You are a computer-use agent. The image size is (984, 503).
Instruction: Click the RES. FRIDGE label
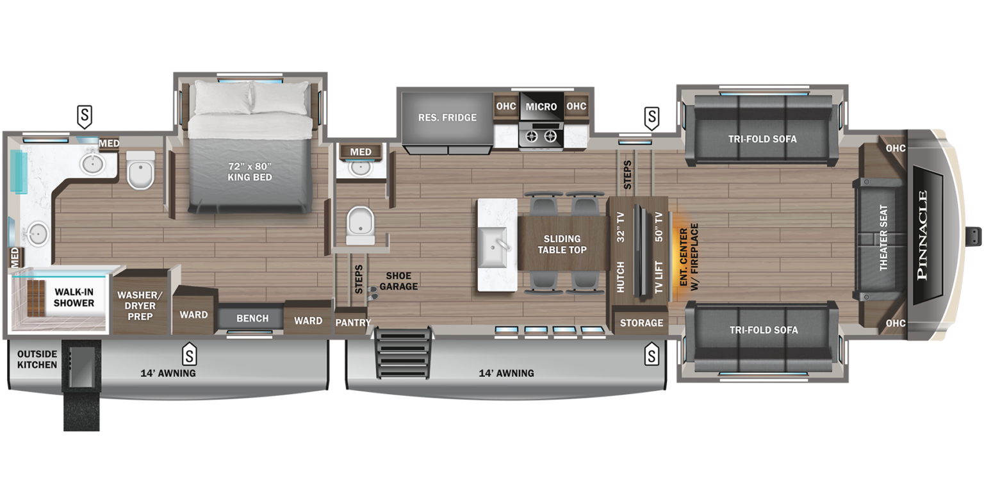coord(447,118)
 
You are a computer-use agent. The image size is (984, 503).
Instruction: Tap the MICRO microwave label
coord(541,106)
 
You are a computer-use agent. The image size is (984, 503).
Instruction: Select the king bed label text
coord(250,172)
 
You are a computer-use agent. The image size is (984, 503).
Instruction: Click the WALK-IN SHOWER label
coord(74,297)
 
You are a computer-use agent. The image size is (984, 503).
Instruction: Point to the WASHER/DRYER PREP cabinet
coord(140,306)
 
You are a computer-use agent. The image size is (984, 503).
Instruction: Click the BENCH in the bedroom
coord(252,318)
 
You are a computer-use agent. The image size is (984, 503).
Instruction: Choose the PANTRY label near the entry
coord(353,322)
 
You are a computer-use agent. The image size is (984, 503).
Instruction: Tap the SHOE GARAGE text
coord(398,281)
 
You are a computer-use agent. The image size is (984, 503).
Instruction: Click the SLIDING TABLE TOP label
coord(562,244)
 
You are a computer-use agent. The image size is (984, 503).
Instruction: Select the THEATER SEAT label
coord(883,238)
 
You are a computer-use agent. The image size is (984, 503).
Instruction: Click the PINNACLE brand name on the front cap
coord(922,235)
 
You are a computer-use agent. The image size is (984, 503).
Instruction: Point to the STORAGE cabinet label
coord(641,322)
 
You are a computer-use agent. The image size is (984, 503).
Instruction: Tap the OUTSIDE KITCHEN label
coord(37,359)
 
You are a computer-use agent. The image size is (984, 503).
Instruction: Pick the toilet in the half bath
coord(361,225)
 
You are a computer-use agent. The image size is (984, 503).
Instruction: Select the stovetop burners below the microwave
coord(541,136)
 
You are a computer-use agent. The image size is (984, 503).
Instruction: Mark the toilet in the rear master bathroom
coord(140,170)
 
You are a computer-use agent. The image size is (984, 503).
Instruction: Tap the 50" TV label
coord(659,226)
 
